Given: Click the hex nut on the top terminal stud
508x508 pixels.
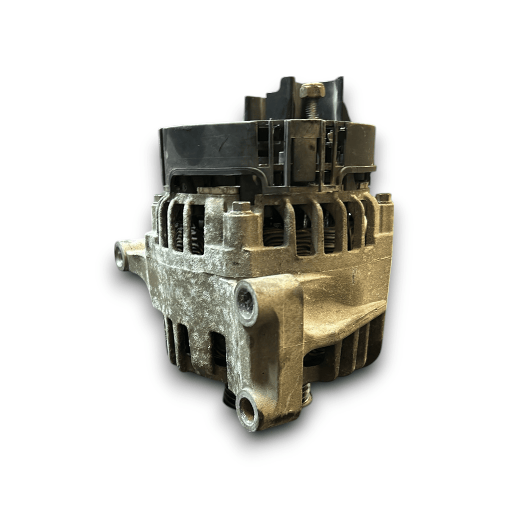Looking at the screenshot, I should tap(312, 90).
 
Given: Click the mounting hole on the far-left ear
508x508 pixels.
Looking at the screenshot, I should tap(121, 256).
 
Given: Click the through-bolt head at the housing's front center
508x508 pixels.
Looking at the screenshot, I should tap(242, 207).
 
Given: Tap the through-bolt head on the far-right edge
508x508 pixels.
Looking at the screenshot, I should tap(384, 198).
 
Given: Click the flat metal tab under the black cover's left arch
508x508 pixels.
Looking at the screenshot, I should tap(218, 190).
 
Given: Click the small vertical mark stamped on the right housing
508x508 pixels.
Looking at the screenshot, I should tap(353, 277).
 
